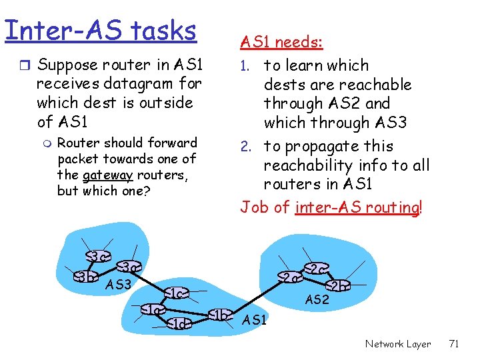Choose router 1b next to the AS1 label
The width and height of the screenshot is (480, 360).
[221, 315]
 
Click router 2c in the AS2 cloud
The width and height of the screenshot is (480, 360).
[316, 269]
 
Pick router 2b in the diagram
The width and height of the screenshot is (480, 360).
[338, 285]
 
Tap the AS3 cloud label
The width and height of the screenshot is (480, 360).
[119, 285]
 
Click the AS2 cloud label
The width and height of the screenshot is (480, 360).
[317, 300]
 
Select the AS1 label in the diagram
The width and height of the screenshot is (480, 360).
[255, 321]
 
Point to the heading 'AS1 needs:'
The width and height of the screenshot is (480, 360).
[281, 43]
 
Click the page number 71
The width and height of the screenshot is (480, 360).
[455, 344]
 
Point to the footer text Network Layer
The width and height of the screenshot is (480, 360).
[398, 344]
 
